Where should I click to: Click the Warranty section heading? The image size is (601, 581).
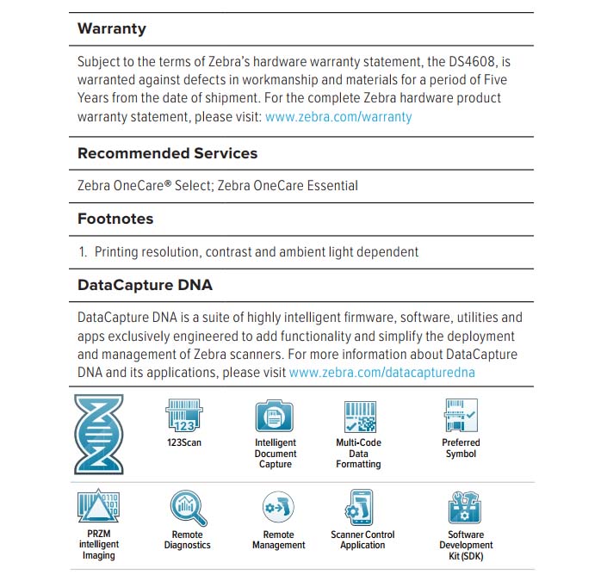[x=112, y=28]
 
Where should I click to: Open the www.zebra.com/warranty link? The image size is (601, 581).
[x=338, y=116]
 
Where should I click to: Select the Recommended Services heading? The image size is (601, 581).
[x=167, y=153]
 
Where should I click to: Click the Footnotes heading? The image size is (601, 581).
[x=115, y=219]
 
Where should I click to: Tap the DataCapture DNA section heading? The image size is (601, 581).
[x=145, y=284]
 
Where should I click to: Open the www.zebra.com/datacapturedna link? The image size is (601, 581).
[x=382, y=373]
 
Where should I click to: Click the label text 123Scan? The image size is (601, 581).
[x=184, y=443]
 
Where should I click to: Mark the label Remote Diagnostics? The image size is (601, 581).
[x=187, y=540]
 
